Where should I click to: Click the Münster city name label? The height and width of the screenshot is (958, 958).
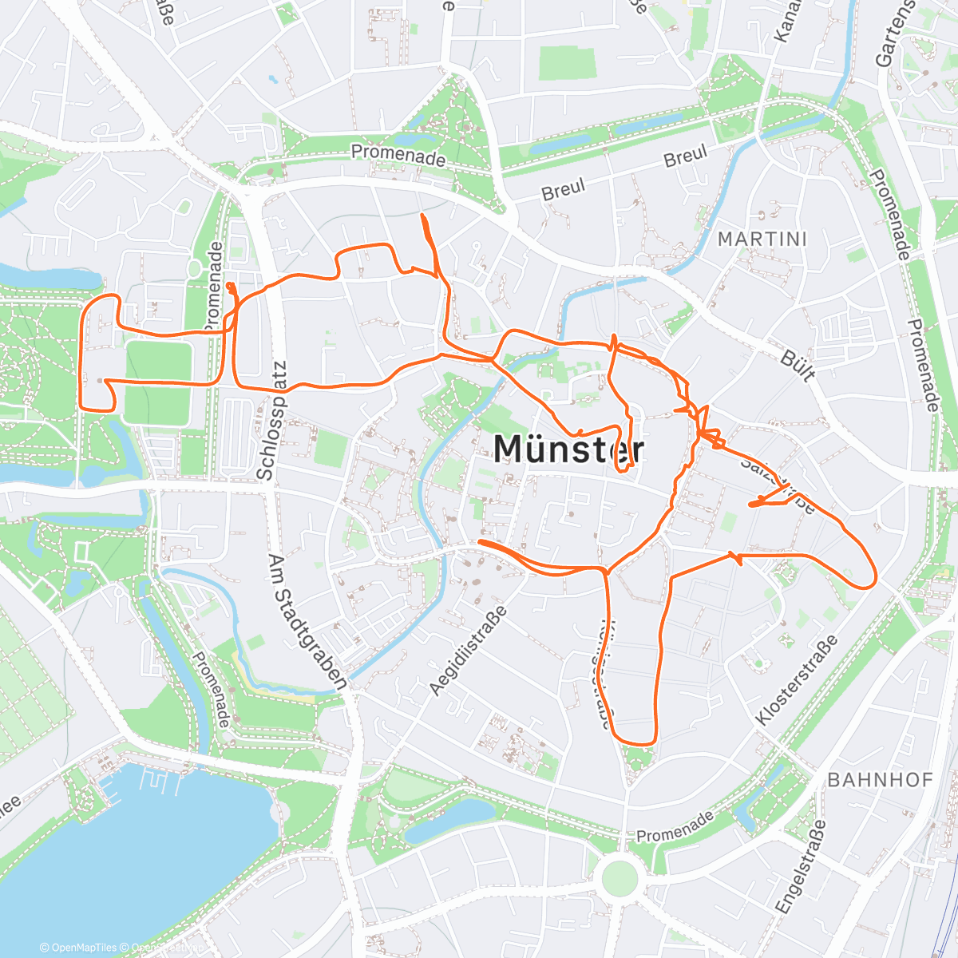tap(568, 449)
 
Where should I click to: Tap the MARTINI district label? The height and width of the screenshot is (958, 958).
tap(762, 239)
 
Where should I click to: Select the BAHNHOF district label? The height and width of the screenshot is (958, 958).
tap(880, 780)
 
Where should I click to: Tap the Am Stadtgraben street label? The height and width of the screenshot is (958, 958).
tap(307, 622)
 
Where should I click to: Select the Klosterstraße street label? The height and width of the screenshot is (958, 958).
tap(796, 680)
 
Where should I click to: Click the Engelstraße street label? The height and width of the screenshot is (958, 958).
tap(802, 866)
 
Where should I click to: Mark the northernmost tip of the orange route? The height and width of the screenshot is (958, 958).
tap(422, 215)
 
